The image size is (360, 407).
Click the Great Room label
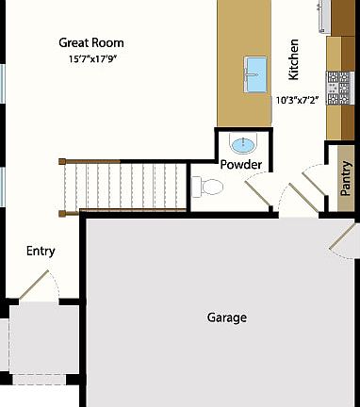tap(91, 42)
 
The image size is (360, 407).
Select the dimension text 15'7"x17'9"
tap(91, 59)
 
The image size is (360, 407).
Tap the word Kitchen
tap(294, 58)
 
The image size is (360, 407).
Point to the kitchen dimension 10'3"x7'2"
tap(298, 99)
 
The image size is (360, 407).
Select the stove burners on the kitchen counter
tap(337, 88)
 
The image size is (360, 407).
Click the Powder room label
tap(241, 165)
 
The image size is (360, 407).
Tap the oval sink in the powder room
tap(243, 144)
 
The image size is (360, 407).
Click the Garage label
tap(226, 317)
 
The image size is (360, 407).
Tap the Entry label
tap(41, 251)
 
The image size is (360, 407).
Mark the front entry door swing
tap(38, 284)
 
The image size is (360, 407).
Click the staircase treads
tap(123, 187)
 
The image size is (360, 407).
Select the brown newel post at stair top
tap(62, 162)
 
